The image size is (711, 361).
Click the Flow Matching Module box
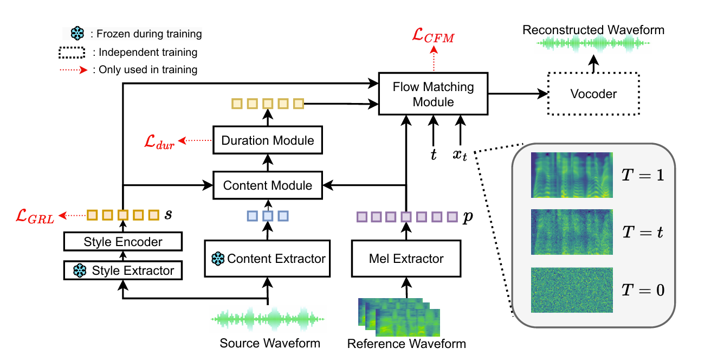coord(434,94)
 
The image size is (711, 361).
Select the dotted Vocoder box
coord(593,94)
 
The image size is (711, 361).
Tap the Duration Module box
coord(268,140)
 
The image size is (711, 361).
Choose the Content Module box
coord(268,185)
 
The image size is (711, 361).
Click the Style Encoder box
coord(123,242)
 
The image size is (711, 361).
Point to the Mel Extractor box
coord(406,259)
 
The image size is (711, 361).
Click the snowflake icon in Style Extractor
coord(80,270)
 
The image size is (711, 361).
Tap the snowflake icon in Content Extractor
coord(218,259)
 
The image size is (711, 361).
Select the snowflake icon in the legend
coord(77,33)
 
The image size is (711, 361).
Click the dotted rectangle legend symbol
coord(72,53)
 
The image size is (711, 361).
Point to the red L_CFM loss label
coord(434,36)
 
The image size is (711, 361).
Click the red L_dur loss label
coord(159,141)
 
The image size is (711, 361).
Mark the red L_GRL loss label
coord(35,216)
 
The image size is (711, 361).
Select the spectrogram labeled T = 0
coord(572,290)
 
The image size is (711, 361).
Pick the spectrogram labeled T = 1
coord(572,175)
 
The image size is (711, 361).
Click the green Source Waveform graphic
coord(268,319)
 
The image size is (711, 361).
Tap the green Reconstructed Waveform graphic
coord(593,43)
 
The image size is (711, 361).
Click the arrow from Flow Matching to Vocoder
coord(518,94)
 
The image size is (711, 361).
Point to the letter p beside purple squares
coord(468,217)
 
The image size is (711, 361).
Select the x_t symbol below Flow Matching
coord(460,155)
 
